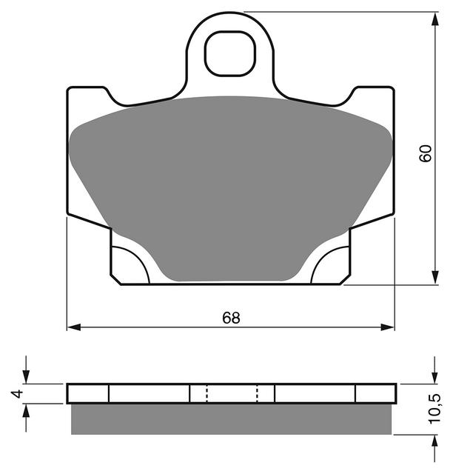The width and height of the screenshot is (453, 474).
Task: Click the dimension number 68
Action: point(231,318)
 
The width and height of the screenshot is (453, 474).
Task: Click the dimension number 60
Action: point(426,153)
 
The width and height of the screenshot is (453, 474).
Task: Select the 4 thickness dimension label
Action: point(18,393)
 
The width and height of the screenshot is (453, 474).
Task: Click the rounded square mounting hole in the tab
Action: point(230,53)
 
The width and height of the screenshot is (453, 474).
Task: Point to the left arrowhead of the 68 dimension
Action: point(74,327)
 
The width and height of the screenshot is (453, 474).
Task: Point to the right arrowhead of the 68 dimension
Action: point(387,327)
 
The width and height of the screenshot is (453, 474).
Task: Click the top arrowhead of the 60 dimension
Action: point(435,19)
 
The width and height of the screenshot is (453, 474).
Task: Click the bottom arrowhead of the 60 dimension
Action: point(435,277)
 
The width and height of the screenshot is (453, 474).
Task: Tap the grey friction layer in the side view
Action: point(231,419)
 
